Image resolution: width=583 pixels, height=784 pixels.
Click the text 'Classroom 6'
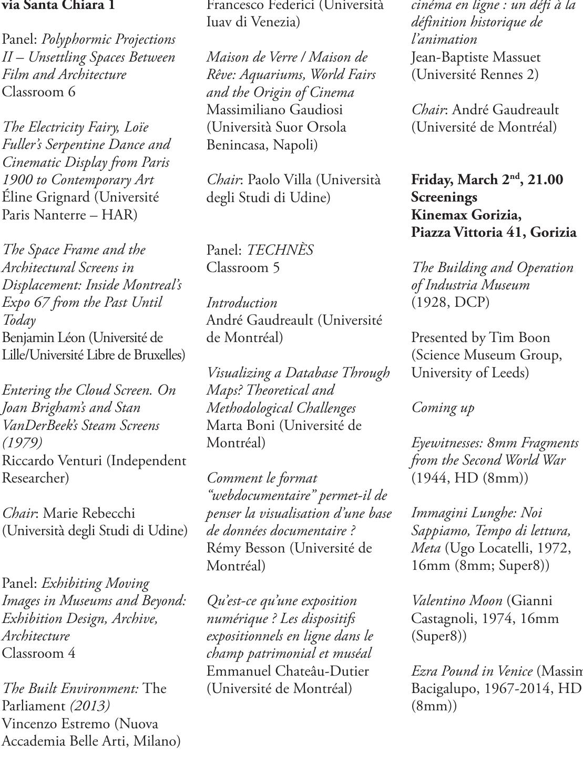click(x=39, y=92)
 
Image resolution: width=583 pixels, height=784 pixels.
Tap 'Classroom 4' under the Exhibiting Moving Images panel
click(x=39, y=654)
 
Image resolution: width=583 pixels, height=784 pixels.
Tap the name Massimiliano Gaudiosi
click(x=274, y=110)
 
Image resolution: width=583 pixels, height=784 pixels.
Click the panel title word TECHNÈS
click(x=280, y=250)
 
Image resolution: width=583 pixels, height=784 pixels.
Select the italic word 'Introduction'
click(x=242, y=303)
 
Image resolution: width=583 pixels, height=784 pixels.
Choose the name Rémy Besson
click(x=246, y=548)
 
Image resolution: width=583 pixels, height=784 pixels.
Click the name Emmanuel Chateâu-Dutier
click(x=288, y=671)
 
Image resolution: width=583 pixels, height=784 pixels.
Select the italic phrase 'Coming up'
click(x=443, y=408)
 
